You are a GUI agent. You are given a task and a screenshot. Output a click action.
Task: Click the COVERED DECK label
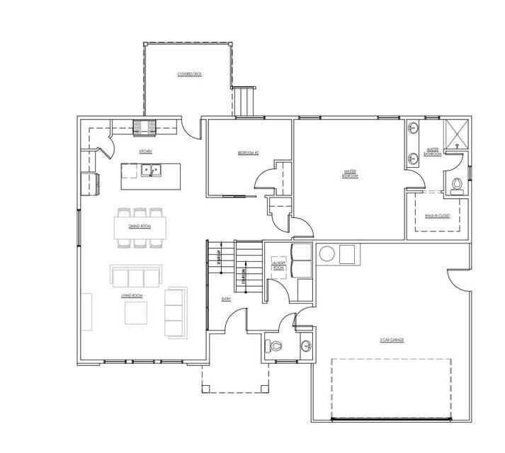click(189, 74)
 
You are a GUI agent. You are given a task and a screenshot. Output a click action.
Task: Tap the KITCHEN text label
click(146, 151)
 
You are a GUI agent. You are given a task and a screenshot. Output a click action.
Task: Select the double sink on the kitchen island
click(150, 170)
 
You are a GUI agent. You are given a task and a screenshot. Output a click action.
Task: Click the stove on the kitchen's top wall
click(146, 127)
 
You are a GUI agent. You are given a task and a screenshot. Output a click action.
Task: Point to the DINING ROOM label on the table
click(140, 226)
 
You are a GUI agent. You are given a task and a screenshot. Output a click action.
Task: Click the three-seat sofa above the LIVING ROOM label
click(135, 275)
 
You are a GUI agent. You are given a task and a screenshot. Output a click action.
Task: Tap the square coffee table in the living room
click(136, 312)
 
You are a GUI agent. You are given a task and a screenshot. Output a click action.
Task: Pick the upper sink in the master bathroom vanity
click(412, 129)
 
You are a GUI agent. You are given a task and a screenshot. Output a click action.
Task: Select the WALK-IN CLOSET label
click(438, 215)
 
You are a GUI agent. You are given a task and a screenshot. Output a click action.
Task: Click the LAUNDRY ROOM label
click(278, 266)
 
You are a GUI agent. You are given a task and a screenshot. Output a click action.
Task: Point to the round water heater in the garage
click(328, 253)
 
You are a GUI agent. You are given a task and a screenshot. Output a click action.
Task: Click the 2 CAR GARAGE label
click(390, 340)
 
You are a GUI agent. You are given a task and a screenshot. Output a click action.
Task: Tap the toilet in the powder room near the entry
click(275, 346)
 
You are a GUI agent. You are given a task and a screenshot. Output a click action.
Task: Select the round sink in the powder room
click(305, 346)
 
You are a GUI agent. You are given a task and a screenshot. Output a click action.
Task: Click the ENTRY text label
click(227, 299)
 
